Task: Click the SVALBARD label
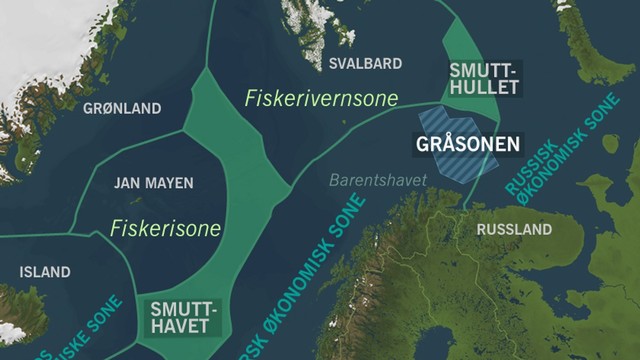pos(365,63)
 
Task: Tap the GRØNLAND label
pos(121,107)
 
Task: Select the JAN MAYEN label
pos(154,183)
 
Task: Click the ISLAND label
pos(45,272)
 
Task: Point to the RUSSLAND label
pos(514,230)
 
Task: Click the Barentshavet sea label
pos(378,180)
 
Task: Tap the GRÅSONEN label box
pos(467,144)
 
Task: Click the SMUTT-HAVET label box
pos(179,317)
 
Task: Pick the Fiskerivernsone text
pos(321,98)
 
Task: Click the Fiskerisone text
pos(166,229)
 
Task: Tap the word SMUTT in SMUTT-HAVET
pos(179,308)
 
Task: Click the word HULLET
pos(484,88)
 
